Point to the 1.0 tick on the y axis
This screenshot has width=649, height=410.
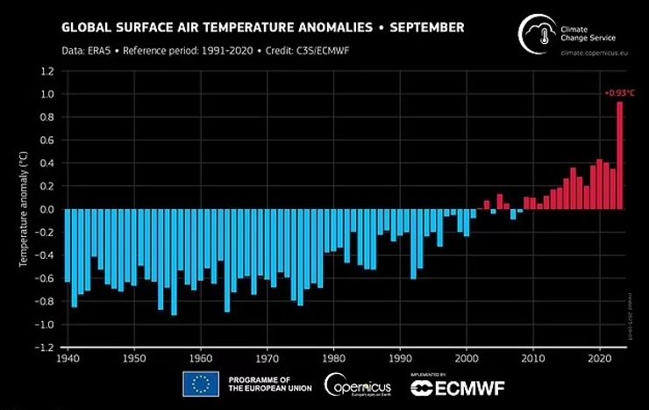coord(48,94)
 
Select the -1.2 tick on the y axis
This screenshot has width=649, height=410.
coord(46,348)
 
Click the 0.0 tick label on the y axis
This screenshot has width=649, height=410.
coord(48,210)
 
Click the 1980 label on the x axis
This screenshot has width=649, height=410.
coord(334,359)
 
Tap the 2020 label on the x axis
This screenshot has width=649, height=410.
coord(600,359)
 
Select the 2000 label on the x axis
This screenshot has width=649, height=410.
coord(467,359)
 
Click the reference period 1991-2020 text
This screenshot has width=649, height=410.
coord(219,50)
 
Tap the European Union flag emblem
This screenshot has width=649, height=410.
coord(201,385)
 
